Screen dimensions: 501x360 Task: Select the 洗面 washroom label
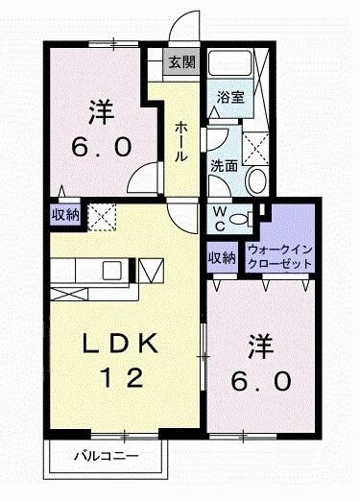224,164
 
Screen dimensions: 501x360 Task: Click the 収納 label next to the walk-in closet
222,257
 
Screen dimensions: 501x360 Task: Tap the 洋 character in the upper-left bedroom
97,111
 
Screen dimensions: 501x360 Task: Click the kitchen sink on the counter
113,269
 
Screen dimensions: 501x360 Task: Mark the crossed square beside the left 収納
100,216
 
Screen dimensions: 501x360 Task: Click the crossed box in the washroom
256,147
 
